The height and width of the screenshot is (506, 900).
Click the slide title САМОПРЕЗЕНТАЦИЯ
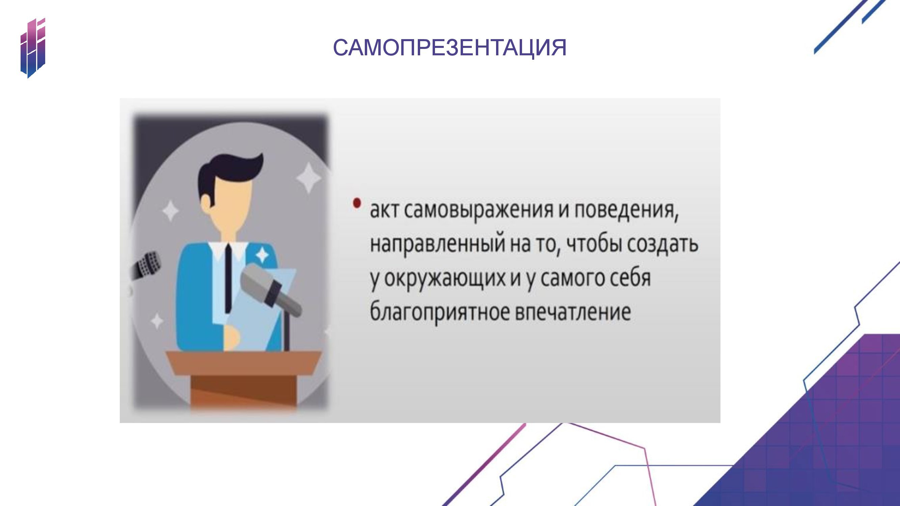coord(449,48)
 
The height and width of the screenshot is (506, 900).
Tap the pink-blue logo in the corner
coord(33,48)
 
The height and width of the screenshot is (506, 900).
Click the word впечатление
coord(573,312)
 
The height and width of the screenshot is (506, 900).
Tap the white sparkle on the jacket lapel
coord(262,256)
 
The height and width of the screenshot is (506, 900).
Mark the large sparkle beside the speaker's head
coord(309,178)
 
